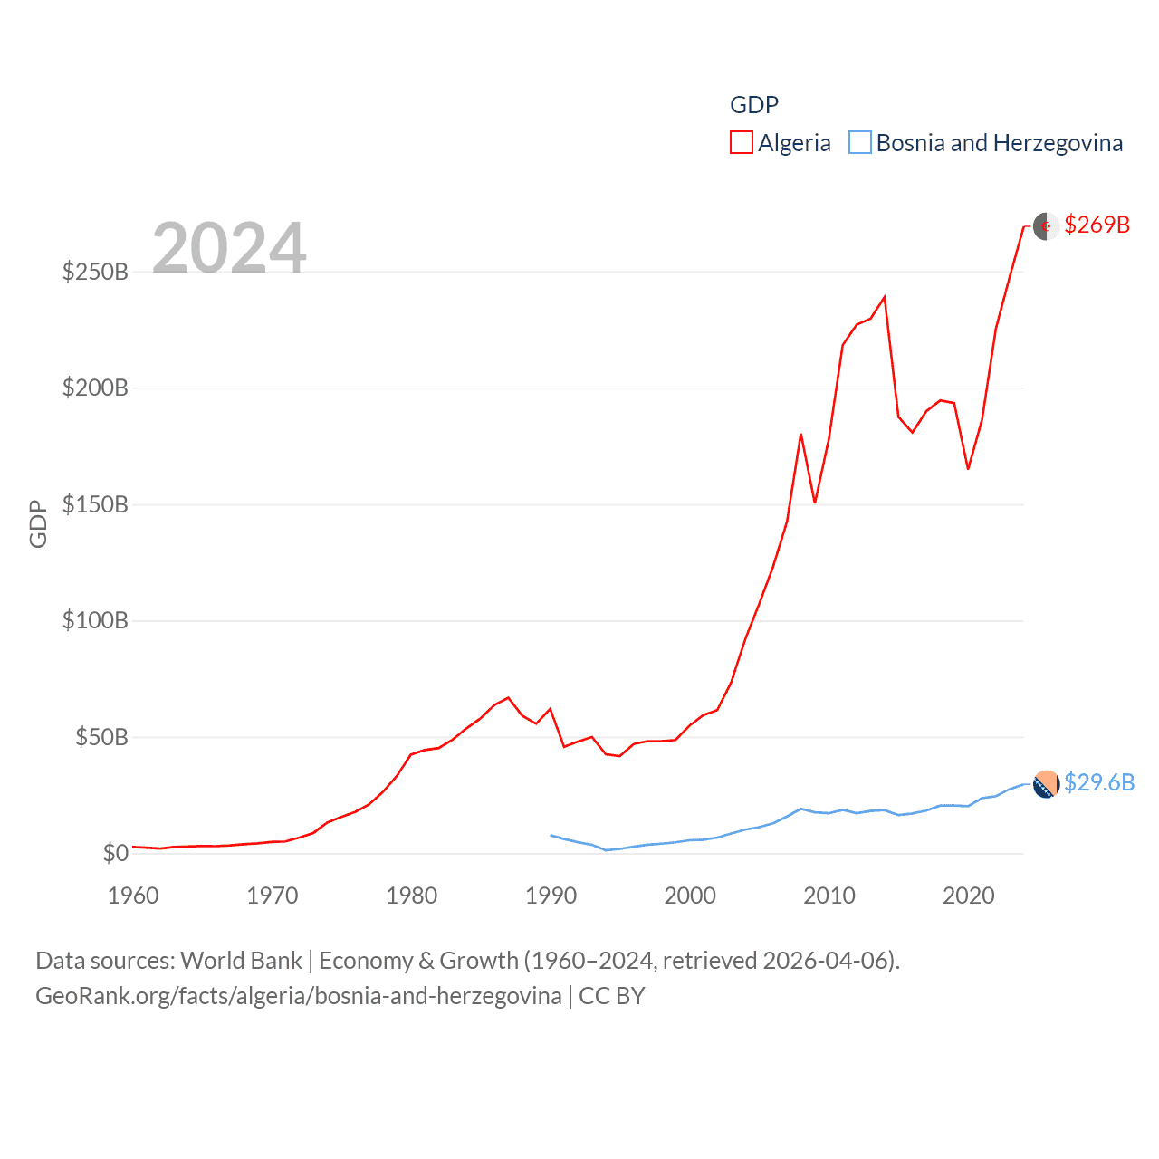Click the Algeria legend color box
pos(741,143)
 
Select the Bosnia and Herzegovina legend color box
pos(859,143)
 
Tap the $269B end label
pos(1097,225)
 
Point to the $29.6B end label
pos(1098,782)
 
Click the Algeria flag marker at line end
pos(1046,226)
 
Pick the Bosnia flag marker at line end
pos(1046,784)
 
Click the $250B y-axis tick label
pos(95,272)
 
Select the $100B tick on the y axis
pos(95,621)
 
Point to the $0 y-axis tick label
pos(115,853)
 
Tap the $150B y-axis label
pos(95,504)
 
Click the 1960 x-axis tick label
pos(133,896)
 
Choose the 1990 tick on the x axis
pos(551,896)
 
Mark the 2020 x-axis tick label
pos(968,896)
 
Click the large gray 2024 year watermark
pos(229,248)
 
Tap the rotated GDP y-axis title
pos(38,523)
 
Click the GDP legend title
pos(754,105)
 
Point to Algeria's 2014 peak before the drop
pos(884,297)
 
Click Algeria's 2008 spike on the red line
pos(800,435)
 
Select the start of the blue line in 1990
pos(551,835)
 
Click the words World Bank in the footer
pos(241,961)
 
